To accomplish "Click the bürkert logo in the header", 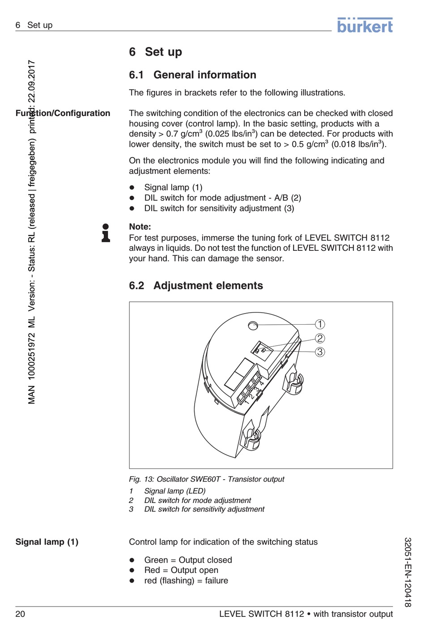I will pyautogui.click(x=365, y=26).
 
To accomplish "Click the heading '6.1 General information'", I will pyautogui.click(x=193, y=75).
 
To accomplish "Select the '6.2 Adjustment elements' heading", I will pyautogui.click(x=196, y=285).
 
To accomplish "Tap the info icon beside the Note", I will pyautogui.click(x=106, y=233).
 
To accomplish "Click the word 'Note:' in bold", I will pyautogui.click(x=140, y=227).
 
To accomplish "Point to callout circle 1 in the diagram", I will pyautogui.click(x=320, y=324).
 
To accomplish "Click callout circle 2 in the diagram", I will pyautogui.click(x=320, y=338).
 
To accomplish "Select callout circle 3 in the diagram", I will pyautogui.click(x=320, y=352).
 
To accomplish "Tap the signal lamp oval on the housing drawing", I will pyautogui.click(x=253, y=326).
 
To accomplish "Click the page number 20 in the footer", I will pyautogui.click(x=20, y=614).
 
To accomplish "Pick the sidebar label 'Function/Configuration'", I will pyautogui.click(x=63, y=113).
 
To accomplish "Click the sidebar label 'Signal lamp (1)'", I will pyautogui.click(x=47, y=542).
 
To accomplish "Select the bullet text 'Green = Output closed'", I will pyautogui.click(x=188, y=560).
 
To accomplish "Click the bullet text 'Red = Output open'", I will pyautogui.click(x=181, y=570).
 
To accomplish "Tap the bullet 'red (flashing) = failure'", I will pyautogui.click(x=186, y=580).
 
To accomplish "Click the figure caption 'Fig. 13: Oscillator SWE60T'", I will pyautogui.click(x=207, y=479).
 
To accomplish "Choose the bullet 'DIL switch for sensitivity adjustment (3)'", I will pyautogui.click(x=219, y=208).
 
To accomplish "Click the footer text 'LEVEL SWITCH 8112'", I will pyautogui.click(x=261, y=614).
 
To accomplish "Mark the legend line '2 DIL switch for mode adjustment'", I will pyautogui.click(x=197, y=500).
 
